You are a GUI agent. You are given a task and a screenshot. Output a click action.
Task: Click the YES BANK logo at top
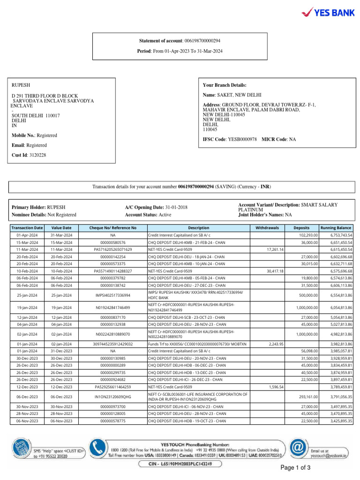pyautogui.click(x=328, y=13)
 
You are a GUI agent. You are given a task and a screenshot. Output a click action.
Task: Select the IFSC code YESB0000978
pyautogui.click(x=242, y=140)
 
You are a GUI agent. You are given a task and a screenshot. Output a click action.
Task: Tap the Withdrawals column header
pyautogui.click(x=267, y=227)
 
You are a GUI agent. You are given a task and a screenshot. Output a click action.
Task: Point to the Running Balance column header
pyautogui.click(x=336, y=227)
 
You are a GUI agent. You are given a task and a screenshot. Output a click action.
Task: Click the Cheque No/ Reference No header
pyautogui.click(x=113, y=227)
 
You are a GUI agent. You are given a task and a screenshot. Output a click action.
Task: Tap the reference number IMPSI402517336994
pyautogui.click(x=113, y=295)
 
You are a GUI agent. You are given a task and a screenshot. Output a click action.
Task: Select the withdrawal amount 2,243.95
pyautogui.click(x=276, y=344)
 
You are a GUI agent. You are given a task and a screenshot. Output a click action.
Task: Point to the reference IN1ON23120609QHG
pyautogui.click(x=113, y=397)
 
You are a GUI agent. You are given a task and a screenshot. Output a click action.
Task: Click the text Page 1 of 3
pyautogui.click(x=295, y=468)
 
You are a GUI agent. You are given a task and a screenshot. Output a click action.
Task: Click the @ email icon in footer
pyautogui.click(x=298, y=448)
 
